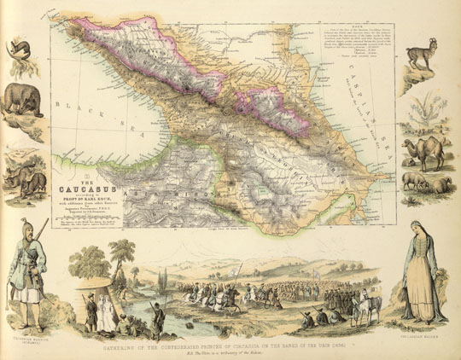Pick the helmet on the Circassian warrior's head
(x=27, y=223)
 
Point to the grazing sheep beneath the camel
(x=431, y=183)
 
